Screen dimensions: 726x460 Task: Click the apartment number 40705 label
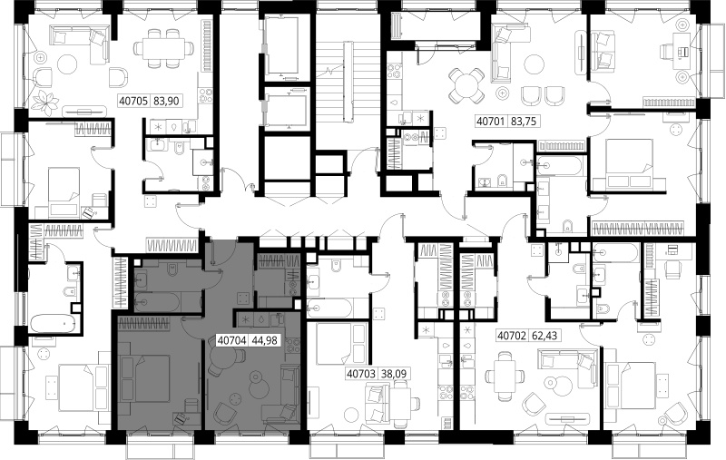click(133, 101)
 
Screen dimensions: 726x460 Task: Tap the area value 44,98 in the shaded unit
click(264, 340)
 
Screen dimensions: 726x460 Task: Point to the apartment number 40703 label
click(360, 373)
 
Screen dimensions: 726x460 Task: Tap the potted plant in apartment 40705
click(46, 103)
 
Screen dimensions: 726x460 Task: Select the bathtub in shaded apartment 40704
click(156, 302)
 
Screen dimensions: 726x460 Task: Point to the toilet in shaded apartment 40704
click(172, 269)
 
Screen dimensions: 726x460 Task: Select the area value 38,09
click(393, 373)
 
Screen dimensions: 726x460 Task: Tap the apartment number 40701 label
click(491, 122)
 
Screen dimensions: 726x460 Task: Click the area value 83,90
click(166, 101)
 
